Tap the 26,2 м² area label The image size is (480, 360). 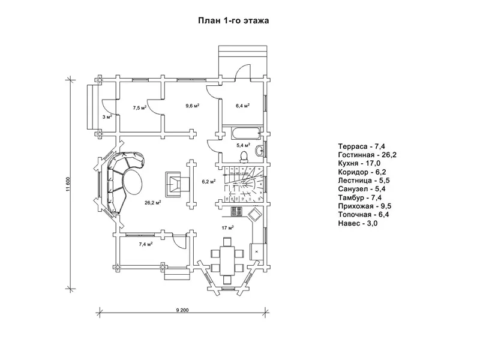click(152, 203)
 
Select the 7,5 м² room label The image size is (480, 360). click(140, 108)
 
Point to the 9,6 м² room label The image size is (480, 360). click(193, 106)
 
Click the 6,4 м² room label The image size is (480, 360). click(242, 106)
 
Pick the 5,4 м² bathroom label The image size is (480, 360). click(244, 145)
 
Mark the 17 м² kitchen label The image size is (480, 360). click(227, 227)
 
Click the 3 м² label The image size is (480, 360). click(107, 117)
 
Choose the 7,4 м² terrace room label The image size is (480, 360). click(145, 244)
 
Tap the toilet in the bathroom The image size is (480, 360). click(244, 157)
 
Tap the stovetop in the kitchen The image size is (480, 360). click(235, 211)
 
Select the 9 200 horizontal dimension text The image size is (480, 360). click(183, 310)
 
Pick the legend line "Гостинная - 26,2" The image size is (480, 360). click(366, 154)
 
